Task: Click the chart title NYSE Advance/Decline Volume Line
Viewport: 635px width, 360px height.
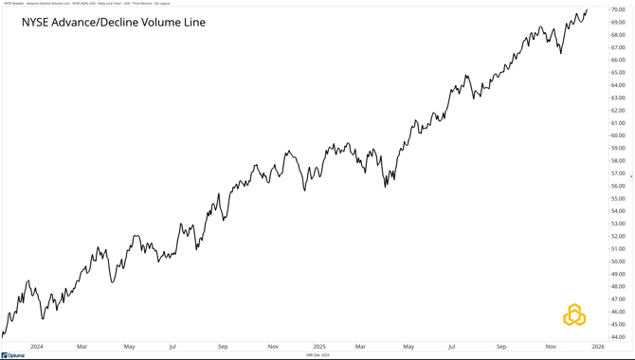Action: coord(114,22)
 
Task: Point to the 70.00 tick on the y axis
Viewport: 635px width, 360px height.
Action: coord(617,9)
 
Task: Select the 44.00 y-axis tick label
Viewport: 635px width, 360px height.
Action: coord(617,336)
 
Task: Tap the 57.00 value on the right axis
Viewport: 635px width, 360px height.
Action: coord(617,173)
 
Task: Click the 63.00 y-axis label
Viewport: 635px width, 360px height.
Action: coord(617,98)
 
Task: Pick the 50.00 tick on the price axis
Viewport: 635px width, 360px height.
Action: coord(617,261)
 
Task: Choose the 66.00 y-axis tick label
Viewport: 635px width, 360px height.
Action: coord(617,60)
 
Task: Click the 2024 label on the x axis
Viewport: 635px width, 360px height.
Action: coord(36,347)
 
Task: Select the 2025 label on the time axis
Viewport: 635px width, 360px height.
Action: coord(319,347)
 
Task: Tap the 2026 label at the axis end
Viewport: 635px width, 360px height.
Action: coord(597,347)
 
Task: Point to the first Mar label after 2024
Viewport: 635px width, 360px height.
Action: coord(82,347)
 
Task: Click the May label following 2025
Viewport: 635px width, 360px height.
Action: coord(408,347)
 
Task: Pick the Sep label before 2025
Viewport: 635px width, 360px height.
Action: coord(223,347)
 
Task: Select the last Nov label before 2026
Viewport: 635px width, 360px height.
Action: coord(550,347)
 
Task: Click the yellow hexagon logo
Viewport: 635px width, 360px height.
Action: coord(574,315)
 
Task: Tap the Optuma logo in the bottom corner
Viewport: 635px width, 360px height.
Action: coord(13,355)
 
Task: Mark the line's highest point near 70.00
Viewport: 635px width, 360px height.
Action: coord(587,10)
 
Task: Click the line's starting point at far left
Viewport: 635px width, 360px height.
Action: coord(3,334)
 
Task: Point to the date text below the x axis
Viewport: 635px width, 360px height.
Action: coord(317,355)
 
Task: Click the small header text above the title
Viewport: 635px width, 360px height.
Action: coord(81,4)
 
